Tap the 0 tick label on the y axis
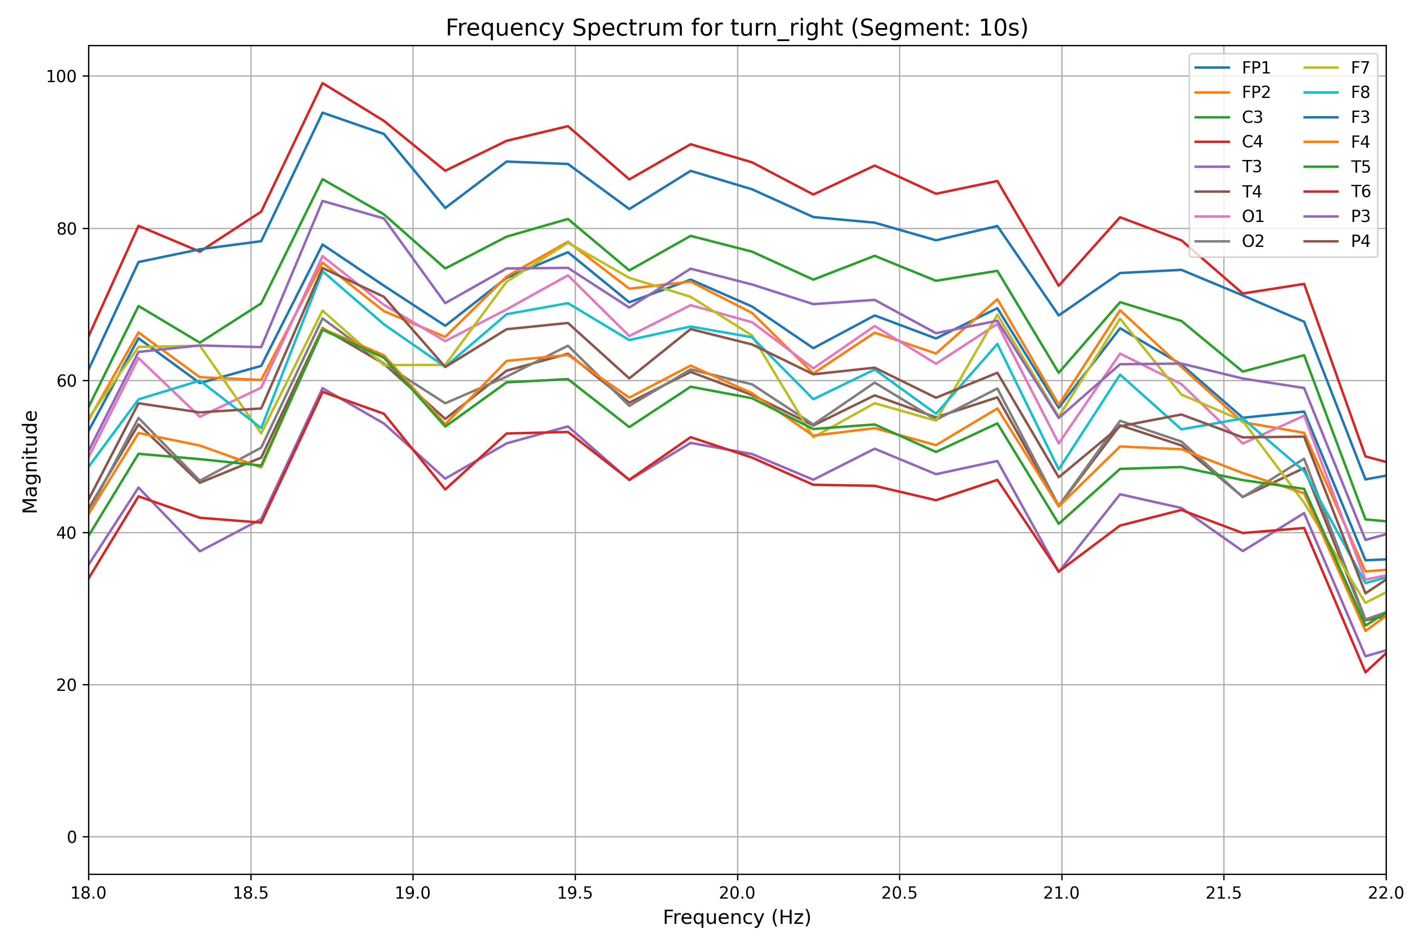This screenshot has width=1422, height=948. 72,837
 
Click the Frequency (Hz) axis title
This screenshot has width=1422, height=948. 736,918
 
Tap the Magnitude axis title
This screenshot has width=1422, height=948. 30,461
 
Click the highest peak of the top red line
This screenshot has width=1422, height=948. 323,83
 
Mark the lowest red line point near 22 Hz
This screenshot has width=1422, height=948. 1365,672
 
